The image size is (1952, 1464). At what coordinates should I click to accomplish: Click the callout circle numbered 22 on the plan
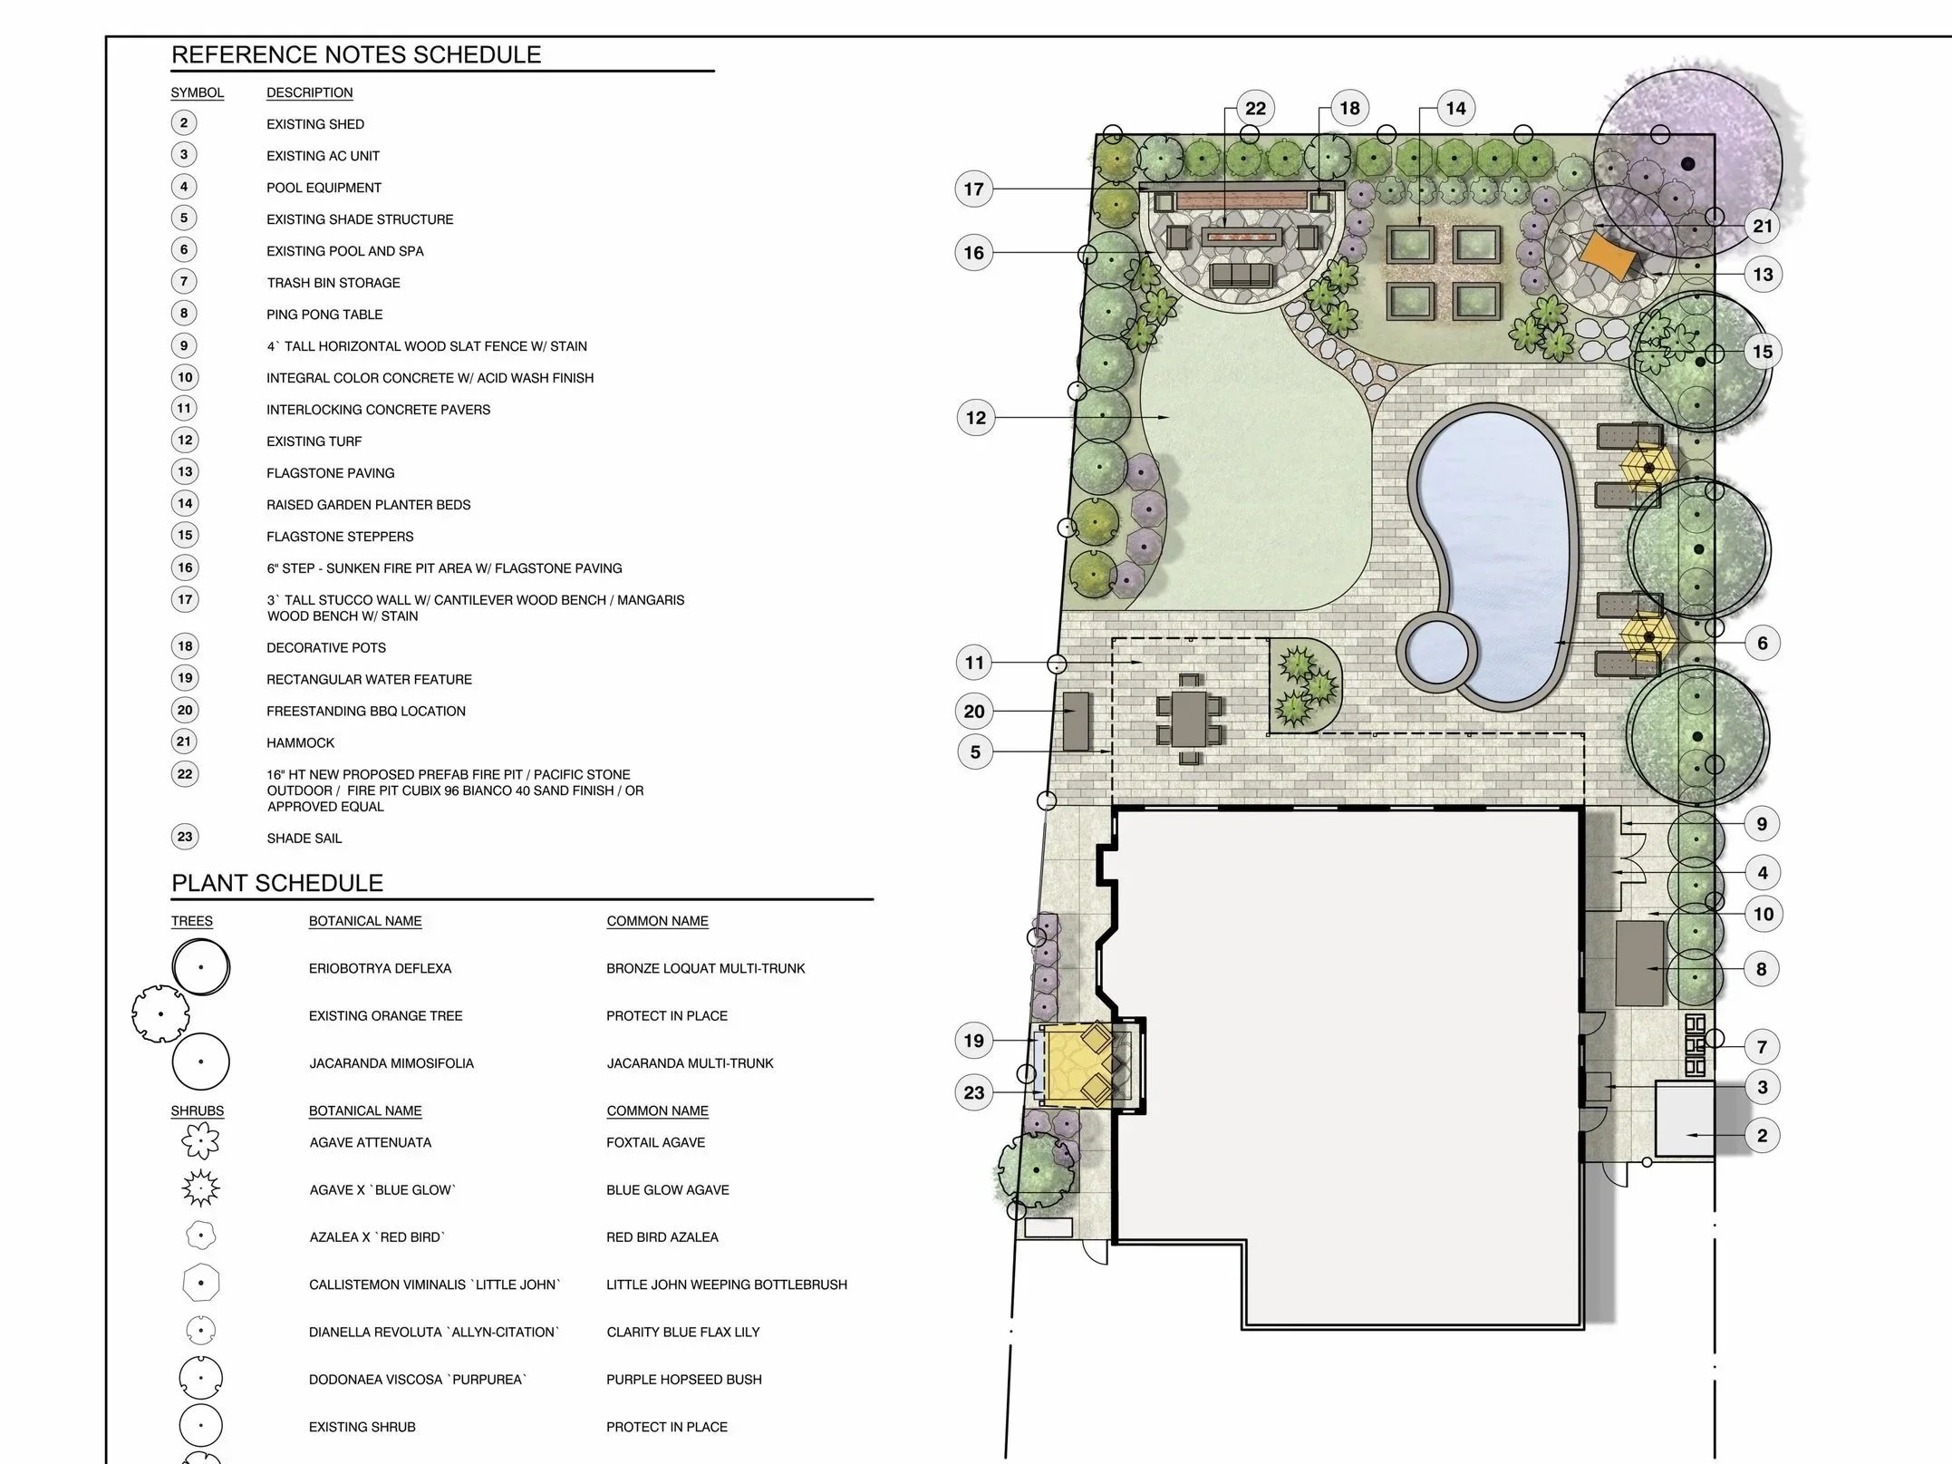1255,109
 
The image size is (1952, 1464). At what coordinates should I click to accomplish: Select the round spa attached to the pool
1438,651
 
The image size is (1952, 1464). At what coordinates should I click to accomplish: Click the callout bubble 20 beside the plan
974,712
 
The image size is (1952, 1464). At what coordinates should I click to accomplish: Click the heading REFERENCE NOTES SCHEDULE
356,54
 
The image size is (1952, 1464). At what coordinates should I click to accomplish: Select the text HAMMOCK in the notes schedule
301,742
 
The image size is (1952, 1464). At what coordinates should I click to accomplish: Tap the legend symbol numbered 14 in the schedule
185,503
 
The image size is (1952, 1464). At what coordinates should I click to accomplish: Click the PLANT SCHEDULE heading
277,883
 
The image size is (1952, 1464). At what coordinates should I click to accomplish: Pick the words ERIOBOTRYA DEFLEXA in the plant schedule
380,968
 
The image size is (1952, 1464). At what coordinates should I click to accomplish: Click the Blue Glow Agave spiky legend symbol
200,1188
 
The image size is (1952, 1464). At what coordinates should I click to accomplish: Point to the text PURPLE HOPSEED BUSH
684,1380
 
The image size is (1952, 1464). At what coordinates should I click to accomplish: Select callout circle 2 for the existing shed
1762,1136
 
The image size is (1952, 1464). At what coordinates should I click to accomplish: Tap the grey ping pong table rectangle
1640,963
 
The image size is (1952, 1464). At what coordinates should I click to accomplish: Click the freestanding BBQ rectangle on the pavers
1076,722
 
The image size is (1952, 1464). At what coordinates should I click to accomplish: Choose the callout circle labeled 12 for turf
975,418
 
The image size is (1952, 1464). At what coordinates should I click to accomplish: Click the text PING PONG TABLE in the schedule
324,315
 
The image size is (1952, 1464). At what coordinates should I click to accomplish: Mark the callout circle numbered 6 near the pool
1763,644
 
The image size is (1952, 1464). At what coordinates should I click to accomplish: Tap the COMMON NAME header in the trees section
658,921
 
